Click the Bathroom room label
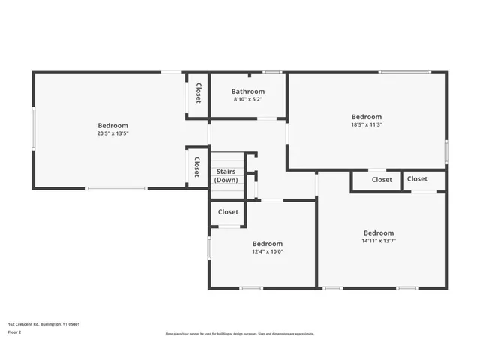pyautogui.click(x=248, y=91)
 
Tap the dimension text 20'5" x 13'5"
pyautogui.click(x=112, y=133)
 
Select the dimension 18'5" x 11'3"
pyautogui.click(x=367, y=124)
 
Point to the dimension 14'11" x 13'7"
pyautogui.click(x=378, y=241)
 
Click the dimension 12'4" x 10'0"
pyautogui.click(x=267, y=251)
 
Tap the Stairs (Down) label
pyautogui.click(x=226, y=176)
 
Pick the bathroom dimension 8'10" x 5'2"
pyautogui.click(x=248, y=99)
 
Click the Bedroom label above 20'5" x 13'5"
pyautogui.click(x=112, y=126)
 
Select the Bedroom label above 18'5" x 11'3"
pyautogui.click(x=367, y=117)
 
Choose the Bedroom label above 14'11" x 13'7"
pyautogui.click(x=378, y=232)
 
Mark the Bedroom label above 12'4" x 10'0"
pyautogui.click(x=267, y=243)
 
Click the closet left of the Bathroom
pyautogui.click(x=198, y=93)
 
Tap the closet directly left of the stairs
pyautogui.click(x=197, y=166)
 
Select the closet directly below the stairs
pyautogui.click(x=228, y=212)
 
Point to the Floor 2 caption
pyautogui.click(x=16, y=331)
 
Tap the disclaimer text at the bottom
pyautogui.click(x=240, y=334)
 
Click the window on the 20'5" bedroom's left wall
pyautogui.click(x=33, y=128)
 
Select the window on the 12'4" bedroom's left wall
pyautogui.click(x=209, y=248)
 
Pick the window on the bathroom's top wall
pyautogui.click(x=271, y=71)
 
